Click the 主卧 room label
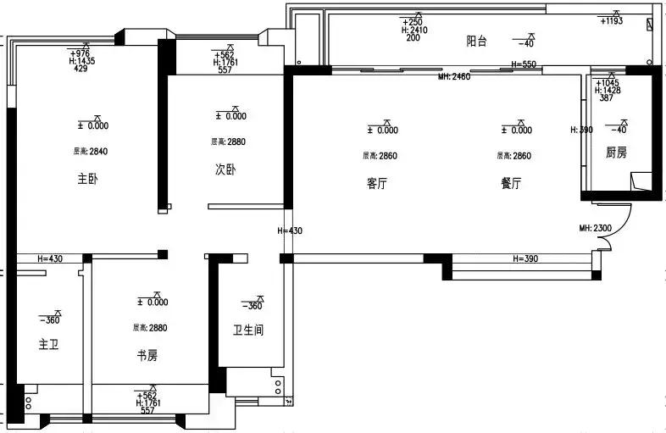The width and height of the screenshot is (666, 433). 87,180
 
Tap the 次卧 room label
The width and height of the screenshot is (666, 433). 225,169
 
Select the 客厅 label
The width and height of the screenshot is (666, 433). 377,184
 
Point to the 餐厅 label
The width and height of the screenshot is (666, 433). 511,184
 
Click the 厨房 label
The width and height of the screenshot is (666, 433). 617,153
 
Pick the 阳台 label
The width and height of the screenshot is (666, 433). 477,42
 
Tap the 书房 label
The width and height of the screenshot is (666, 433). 147,356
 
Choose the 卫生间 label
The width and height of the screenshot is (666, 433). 248,330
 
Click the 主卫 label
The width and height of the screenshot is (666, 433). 48,345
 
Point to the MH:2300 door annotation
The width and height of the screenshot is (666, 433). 596,229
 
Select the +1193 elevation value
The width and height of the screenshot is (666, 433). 611,21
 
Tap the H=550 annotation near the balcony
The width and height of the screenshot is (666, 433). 524,65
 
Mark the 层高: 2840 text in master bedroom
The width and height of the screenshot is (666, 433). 91,152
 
